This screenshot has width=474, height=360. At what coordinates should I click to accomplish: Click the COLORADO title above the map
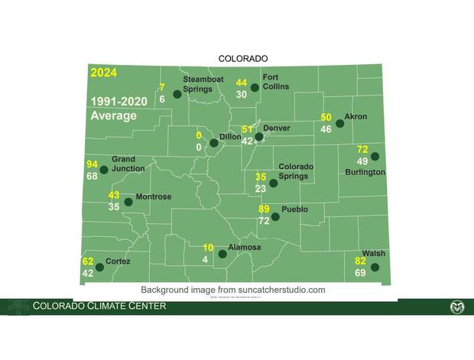[243, 59]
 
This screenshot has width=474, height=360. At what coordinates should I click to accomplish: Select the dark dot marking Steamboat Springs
[177, 94]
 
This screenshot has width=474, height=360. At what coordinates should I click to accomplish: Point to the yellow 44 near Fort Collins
[241, 83]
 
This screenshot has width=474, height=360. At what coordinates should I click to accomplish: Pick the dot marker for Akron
[340, 123]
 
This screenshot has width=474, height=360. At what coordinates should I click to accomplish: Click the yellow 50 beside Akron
[326, 117]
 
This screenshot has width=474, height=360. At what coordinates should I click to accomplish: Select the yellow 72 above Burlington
[362, 149]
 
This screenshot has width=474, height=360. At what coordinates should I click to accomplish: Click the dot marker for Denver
[259, 138]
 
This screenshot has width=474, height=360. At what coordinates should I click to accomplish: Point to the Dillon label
[230, 137]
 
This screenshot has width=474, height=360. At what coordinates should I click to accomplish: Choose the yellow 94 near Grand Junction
[92, 164]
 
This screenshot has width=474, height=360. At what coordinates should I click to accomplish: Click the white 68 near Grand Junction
[92, 177]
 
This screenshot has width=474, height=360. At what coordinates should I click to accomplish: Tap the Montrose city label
[153, 197]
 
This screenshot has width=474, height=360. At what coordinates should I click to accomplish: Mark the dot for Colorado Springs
[273, 183]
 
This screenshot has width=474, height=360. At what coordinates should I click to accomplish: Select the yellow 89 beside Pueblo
[264, 209]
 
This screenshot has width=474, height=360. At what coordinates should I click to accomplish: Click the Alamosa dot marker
[222, 254]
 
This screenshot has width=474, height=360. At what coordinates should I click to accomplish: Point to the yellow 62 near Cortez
[87, 261]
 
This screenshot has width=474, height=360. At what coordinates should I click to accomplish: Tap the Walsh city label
[374, 254]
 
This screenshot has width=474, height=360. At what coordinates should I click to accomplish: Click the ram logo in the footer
[456, 307]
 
